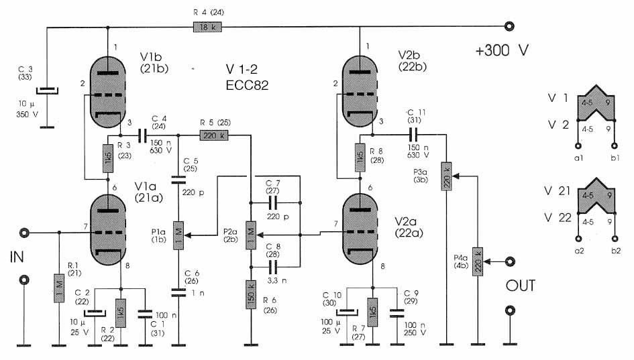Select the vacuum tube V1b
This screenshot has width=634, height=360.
click(108, 91)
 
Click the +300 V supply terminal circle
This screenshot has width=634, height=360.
click(510, 27)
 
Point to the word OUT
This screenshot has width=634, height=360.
click(521, 286)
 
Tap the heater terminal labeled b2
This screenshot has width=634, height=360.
click(613, 237)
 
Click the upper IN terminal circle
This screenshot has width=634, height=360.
click(25, 233)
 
